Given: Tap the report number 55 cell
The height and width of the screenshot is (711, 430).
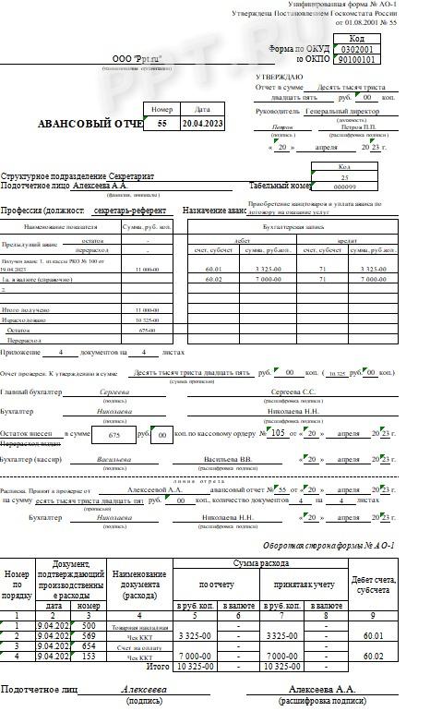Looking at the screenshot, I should click(162, 123).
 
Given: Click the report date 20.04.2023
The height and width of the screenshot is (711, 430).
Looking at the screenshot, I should click(202, 123).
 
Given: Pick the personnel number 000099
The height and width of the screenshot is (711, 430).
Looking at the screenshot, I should click(344, 186).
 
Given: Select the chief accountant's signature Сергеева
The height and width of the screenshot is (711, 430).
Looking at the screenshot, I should click(115, 392).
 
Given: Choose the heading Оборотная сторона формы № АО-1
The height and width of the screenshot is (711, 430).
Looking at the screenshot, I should click(328, 546).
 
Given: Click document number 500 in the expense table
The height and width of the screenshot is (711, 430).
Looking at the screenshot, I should click(88, 625).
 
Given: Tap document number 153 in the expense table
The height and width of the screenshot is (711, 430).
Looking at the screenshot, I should click(88, 656).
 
